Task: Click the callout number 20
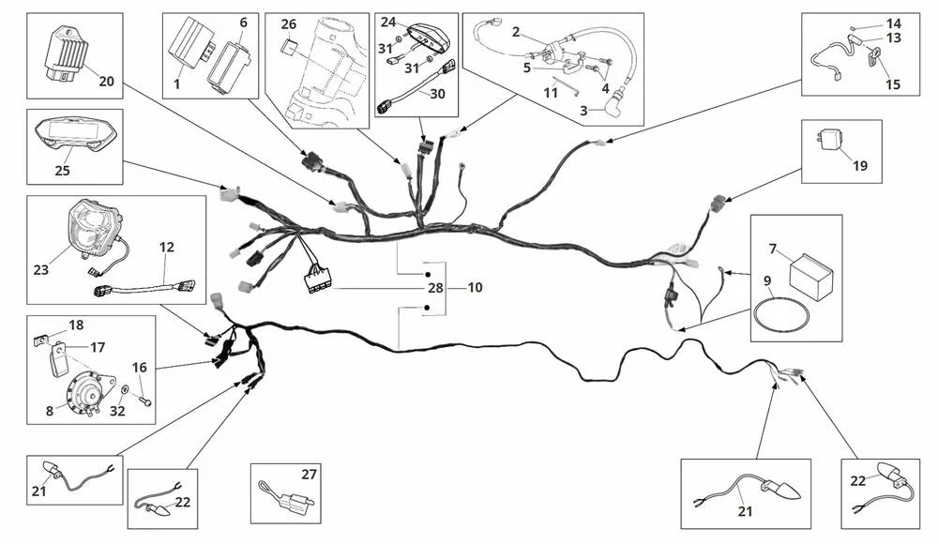coord(106,82)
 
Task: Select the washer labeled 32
coord(126,387)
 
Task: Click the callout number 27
coord(310,475)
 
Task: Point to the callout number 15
coord(892,84)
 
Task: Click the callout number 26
coord(288,23)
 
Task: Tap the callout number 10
coord(475,288)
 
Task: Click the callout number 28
coord(434,288)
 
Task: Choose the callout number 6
coord(243,22)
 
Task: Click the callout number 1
coord(176,83)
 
